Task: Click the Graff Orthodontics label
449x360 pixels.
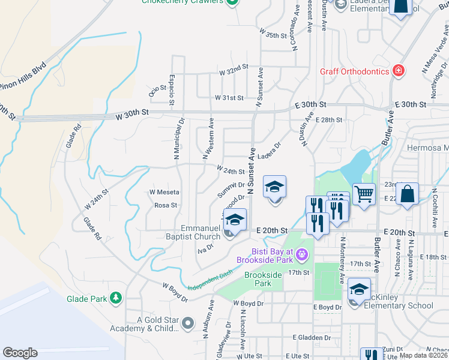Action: click(354, 71)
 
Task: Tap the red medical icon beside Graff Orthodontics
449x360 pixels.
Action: click(397, 71)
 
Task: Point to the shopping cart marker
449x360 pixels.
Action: click(364, 194)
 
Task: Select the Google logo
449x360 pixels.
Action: click(20, 352)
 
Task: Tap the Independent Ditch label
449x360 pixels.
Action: click(209, 280)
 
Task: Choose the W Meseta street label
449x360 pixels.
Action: click(164, 192)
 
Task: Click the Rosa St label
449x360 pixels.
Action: click(166, 205)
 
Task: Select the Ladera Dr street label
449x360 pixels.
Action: click(269, 150)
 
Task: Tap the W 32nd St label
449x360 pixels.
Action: click(234, 71)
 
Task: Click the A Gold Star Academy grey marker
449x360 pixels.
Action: click(188, 324)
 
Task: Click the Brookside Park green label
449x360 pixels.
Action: click(263, 278)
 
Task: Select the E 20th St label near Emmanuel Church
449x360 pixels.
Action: click(273, 230)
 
